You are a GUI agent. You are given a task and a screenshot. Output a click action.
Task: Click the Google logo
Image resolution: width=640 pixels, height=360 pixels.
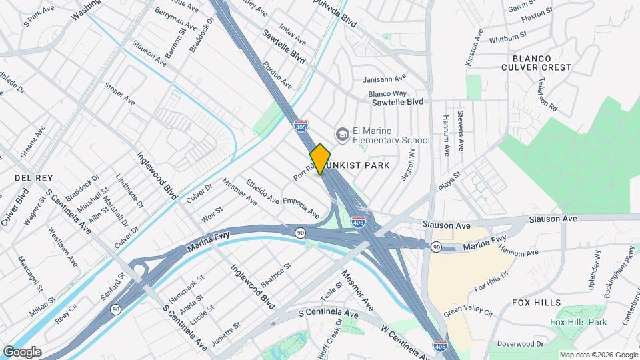coord(22,352)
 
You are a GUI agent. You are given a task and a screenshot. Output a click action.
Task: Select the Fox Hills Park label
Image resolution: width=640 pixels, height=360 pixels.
coord(579,322)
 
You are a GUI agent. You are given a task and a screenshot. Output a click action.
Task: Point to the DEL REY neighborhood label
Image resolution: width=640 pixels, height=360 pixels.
coord(29,178)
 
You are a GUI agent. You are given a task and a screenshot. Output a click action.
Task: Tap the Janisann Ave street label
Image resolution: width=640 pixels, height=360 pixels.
coord(384,79)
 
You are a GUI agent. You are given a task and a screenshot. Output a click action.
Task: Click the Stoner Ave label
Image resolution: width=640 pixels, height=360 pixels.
coord(119,94)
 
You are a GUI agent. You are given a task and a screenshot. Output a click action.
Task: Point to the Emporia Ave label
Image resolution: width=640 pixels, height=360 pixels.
coord(301,207)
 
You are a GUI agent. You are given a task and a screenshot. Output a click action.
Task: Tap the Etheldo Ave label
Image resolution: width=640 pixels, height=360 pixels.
coord(262,191)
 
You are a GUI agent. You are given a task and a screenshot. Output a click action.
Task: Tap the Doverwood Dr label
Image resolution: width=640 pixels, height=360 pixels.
coord(521,343)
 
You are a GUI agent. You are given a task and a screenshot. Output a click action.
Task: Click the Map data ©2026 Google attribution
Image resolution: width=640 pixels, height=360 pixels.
coord(597,355)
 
